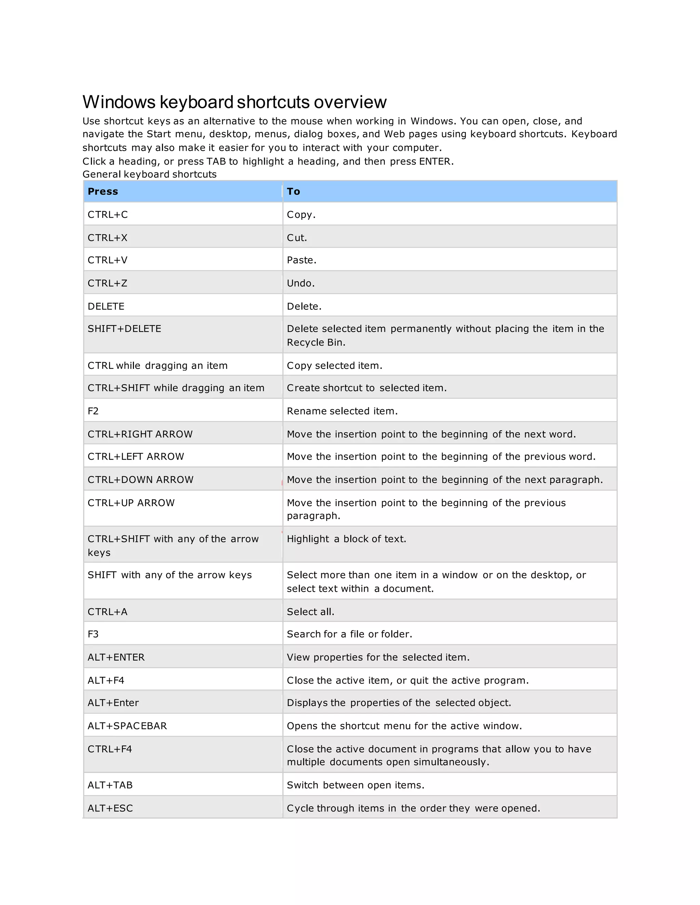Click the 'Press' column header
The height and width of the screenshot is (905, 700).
tap(103, 192)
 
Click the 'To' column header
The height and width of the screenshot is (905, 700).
tap(293, 192)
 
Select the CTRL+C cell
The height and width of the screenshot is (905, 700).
tap(108, 215)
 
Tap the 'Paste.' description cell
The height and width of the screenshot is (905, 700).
tap(301, 260)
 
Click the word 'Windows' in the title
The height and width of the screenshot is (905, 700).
tap(119, 102)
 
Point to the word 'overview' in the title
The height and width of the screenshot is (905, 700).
tap(350, 102)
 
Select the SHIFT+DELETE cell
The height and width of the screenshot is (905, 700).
tap(124, 329)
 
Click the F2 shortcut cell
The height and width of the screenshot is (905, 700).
tap(93, 411)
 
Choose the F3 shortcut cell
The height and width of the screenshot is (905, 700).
tap(93, 634)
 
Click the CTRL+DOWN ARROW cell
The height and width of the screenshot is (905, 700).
tap(140, 480)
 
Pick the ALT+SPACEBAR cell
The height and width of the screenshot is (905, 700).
tap(127, 726)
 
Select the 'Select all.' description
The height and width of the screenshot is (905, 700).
tap(310, 612)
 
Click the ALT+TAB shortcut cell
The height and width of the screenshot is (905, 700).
tap(110, 785)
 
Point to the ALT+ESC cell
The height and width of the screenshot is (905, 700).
tap(110, 808)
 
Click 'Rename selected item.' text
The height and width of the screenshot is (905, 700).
tap(342, 411)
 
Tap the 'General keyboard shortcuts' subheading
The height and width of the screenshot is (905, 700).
tap(149, 175)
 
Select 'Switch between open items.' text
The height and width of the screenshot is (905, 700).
tap(355, 785)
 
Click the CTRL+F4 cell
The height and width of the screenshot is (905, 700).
tap(110, 749)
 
